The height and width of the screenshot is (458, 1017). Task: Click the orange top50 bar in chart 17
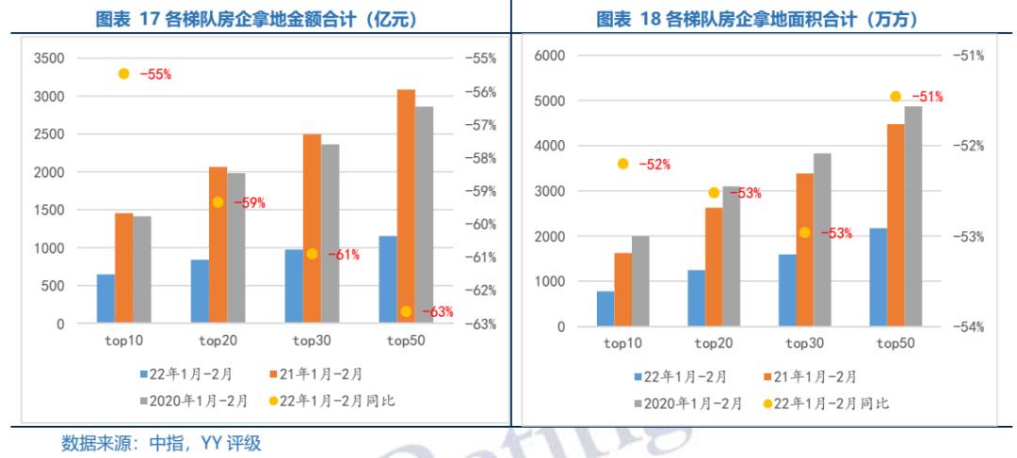coord(406,206)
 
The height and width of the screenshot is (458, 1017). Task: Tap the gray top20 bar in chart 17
coord(235,248)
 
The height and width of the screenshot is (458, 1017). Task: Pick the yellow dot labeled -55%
coord(123,73)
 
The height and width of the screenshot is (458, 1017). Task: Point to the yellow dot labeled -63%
coord(406,311)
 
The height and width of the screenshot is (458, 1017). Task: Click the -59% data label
coord(250,202)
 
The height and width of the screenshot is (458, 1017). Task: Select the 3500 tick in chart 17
coord(48,58)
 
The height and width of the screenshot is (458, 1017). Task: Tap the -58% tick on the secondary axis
coord(479,158)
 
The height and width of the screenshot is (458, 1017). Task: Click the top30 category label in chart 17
coord(312,340)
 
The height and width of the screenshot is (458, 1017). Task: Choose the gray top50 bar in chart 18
coord(913,216)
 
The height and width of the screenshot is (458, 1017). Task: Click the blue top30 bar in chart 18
coord(787,291)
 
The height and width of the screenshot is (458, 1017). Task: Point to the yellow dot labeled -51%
coord(896,96)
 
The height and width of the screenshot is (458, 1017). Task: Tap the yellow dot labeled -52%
coord(622,164)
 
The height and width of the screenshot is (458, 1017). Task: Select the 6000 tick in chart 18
coord(548,55)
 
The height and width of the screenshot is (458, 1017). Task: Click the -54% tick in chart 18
coord(968,327)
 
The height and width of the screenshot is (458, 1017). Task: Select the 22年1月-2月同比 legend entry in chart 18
coord(830,403)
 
